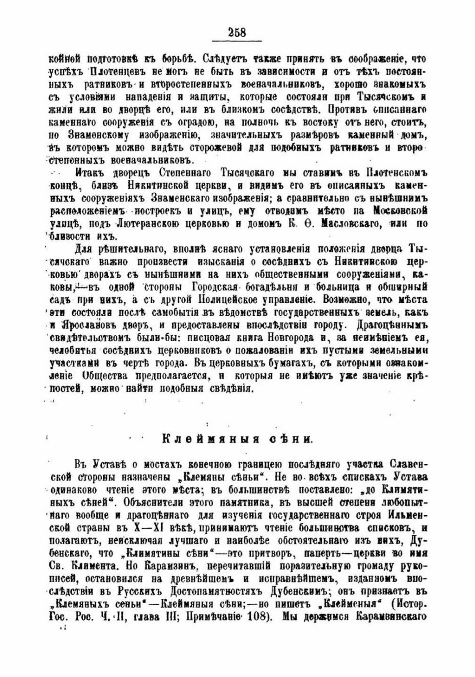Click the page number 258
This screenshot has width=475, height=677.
click(x=237, y=32)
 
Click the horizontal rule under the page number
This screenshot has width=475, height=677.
click(x=237, y=41)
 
